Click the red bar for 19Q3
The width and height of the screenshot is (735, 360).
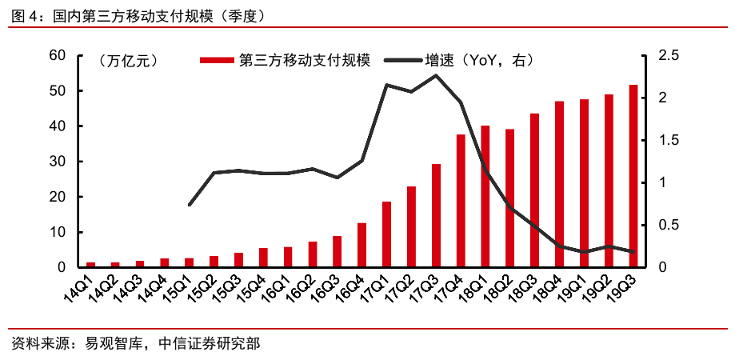point(633,176)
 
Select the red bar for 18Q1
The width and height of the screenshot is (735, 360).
point(485,197)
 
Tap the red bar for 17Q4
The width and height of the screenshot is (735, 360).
point(461,201)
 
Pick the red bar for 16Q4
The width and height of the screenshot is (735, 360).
point(362,245)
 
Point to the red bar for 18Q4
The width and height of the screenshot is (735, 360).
point(559,184)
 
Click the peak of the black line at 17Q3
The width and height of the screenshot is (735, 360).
point(436,76)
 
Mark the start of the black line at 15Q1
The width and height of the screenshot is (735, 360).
point(190,206)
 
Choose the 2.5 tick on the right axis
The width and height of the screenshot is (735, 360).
point(668,55)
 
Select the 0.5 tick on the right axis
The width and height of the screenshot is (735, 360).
point(668,225)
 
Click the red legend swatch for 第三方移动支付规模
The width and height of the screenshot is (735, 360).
point(218,60)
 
